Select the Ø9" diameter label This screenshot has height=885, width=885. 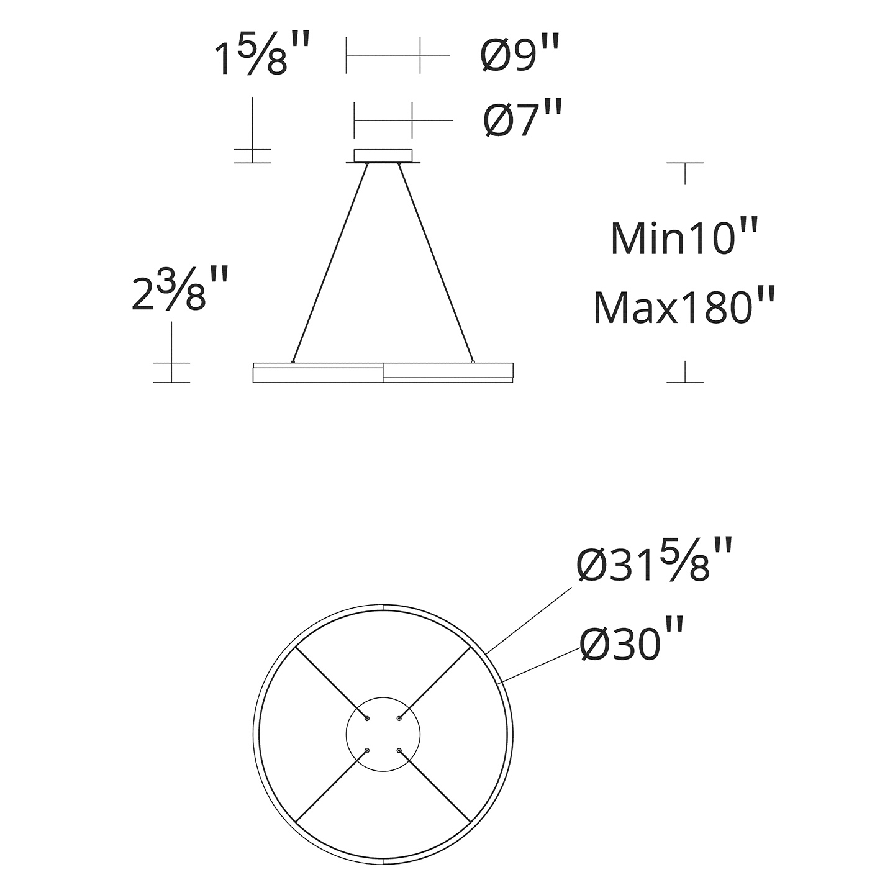point(521,55)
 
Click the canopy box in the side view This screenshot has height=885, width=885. point(383,156)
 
